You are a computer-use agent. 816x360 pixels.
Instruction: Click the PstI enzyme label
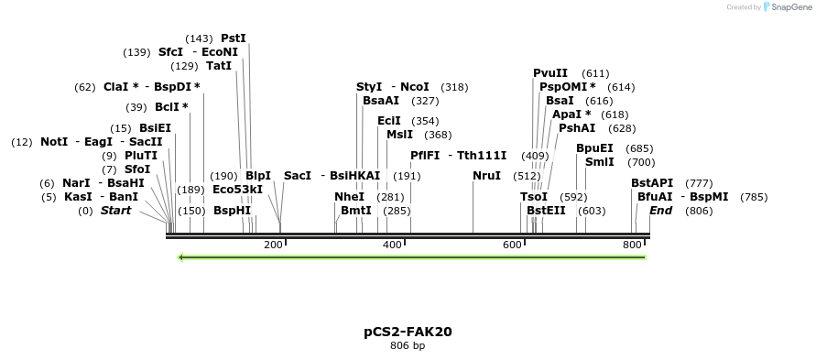click(234, 38)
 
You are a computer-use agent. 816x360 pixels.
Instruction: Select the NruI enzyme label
click(487, 176)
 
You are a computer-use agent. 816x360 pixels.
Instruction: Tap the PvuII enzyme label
click(550, 73)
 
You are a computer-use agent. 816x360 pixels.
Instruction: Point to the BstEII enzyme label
click(546, 211)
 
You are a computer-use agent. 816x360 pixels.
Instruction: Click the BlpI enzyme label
click(258, 176)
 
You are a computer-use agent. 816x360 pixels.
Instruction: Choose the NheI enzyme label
click(349, 197)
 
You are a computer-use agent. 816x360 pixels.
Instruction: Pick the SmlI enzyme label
click(600, 162)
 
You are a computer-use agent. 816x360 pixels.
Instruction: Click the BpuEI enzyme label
click(594, 148)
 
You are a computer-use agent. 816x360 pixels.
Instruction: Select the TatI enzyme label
click(219, 66)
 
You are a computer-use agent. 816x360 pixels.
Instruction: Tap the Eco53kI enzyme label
click(237, 190)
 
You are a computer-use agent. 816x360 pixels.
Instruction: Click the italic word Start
click(115, 211)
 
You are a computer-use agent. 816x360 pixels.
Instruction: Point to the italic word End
click(661, 211)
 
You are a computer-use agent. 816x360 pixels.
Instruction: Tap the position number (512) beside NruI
click(527, 176)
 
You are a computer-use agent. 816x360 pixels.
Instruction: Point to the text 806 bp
click(408, 346)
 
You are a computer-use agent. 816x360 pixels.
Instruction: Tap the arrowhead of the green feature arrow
click(182, 257)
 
